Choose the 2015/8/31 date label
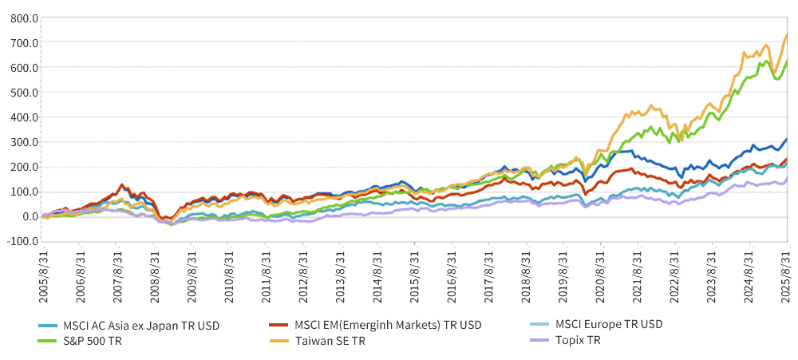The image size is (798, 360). [x=414, y=274]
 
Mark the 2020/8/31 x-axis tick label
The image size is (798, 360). [x=601, y=274]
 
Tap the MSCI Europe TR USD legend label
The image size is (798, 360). [x=609, y=324]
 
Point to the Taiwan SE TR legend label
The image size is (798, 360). [x=330, y=341]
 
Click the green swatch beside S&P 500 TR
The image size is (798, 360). [x=47, y=342]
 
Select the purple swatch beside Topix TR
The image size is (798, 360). [x=539, y=341]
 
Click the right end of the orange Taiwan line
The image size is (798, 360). [x=787, y=34]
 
